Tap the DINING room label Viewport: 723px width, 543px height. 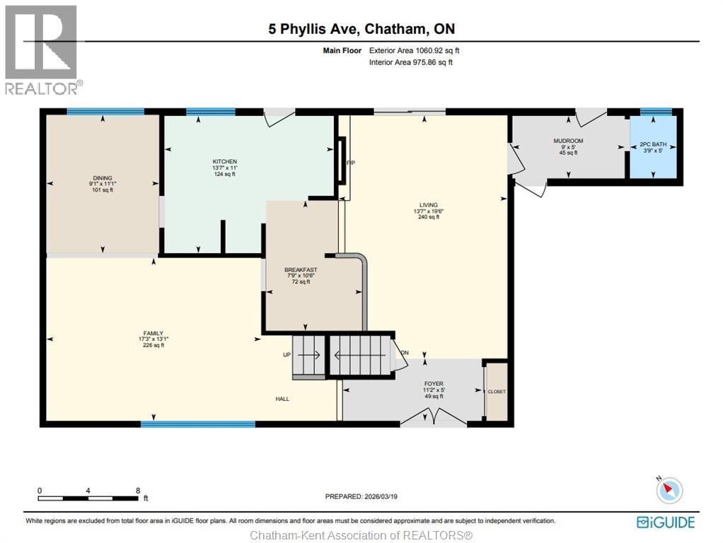coord(102,178)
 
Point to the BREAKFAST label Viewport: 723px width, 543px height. coord(301,270)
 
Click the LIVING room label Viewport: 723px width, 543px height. coord(428,204)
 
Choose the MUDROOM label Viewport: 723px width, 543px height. coord(568,141)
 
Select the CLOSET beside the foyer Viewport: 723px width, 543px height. coord(497,392)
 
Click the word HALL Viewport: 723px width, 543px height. coord(282,399)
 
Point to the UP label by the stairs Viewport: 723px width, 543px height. coord(287,354)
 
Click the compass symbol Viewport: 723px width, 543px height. coord(669,490)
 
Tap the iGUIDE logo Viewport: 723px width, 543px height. coord(666,522)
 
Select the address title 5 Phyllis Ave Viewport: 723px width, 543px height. coord(361,29)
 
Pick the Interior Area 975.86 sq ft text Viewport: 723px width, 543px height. coord(411,62)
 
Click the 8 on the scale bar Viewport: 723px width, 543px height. coord(138,490)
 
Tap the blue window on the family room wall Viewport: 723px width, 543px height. coord(197,424)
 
